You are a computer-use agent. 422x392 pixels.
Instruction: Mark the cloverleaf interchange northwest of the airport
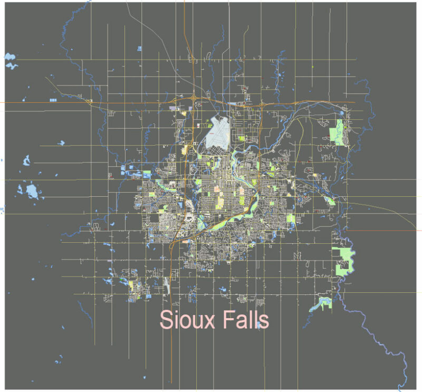[195, 98]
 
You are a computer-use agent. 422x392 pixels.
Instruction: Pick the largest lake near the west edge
[32, 191]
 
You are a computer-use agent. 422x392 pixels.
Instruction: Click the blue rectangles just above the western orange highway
[53, 99]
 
